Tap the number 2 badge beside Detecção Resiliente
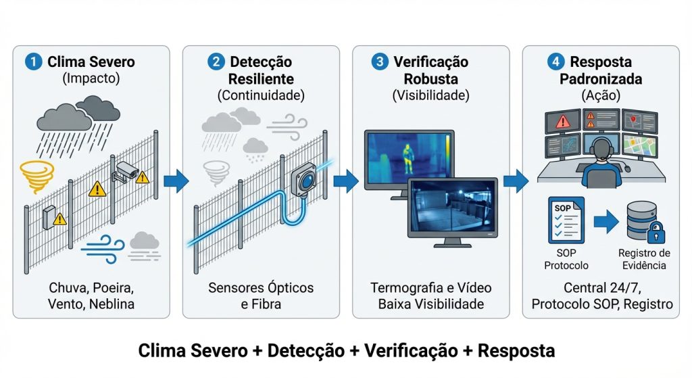(x=216, y=62)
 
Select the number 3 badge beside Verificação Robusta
(x=380, y=62)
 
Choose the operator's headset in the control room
(x=599, y=148)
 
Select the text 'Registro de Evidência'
(x=642, y=259)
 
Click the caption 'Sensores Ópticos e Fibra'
(x=261, y=296)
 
